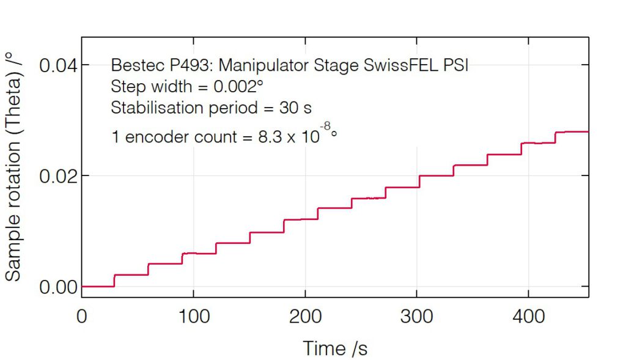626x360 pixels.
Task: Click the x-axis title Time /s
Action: pos(335,348)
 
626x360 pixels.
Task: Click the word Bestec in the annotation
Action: pos(133,65)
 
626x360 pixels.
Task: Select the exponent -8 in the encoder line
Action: pos(326,127)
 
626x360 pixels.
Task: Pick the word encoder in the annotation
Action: pos(153,137)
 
